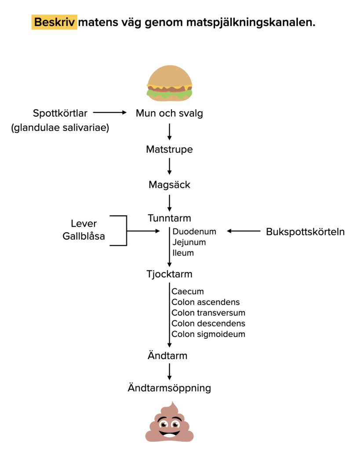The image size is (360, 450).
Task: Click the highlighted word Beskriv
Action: [x=55, y=22]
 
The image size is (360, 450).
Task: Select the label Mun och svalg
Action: [x=169, y=113]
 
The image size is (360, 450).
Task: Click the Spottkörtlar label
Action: [x=60, y=113]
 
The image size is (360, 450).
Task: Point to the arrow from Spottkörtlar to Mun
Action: [x=110, y=112]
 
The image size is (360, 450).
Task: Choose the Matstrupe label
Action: [x=169, y=149]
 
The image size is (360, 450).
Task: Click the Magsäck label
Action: [x=169, y=185]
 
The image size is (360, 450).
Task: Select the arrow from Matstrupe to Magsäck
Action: [x=169, y=167]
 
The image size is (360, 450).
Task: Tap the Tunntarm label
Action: [x=169, y=218]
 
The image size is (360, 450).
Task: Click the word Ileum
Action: [x=183, y=253]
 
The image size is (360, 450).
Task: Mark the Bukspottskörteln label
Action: [x=305, y=232]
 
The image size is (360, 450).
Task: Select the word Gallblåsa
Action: [x=84, y=236]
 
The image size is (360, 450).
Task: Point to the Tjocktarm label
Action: [x=169, y=274]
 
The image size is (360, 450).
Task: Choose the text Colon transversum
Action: [x=208, y=313]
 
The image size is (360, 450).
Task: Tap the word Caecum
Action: [x=188, y=291]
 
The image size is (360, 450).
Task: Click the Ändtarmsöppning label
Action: [x=169, y=388]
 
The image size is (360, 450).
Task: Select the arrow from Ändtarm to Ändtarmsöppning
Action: [x=169, y=371]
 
